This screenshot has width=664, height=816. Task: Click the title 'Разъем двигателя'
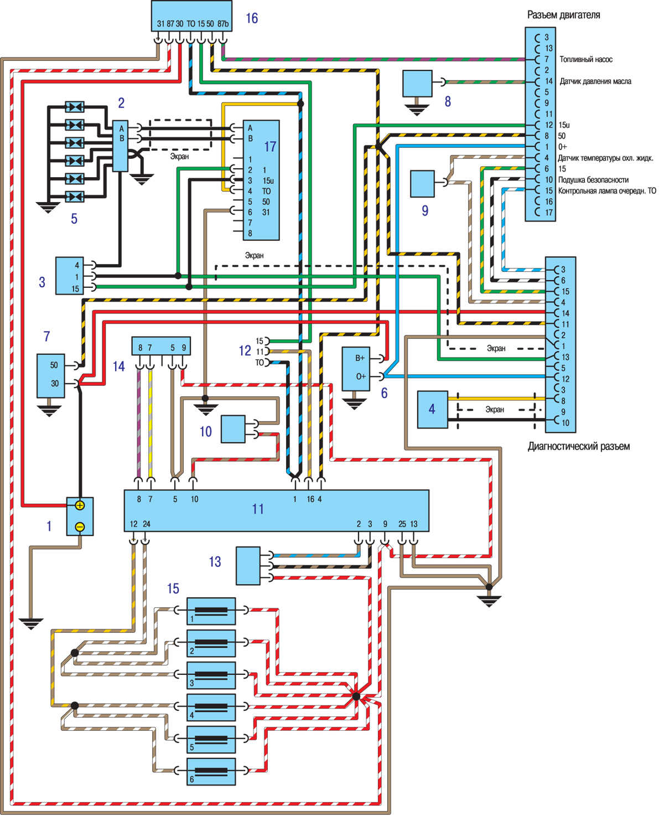tap(563, 16)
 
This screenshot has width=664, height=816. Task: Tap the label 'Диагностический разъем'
tap(579, 446)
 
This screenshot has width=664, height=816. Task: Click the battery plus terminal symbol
tap(80, 505)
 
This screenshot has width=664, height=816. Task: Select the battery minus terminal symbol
tap(80, 527)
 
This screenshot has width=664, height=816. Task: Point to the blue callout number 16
tap(252, 18)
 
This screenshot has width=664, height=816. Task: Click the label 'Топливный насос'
tap(586, 59)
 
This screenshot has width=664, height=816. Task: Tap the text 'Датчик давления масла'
tap(595, 81)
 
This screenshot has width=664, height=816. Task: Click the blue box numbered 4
tap(432, 409)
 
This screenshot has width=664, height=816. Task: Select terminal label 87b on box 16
tap(223, 24)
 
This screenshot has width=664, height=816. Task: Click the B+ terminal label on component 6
tap(360, 358)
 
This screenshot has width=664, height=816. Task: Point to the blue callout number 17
tap(270, 146)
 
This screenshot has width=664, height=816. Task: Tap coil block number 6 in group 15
tap(211, 772)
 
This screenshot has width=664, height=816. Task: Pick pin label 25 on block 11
tap(402, 524)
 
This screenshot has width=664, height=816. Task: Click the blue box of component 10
tap(233, 429)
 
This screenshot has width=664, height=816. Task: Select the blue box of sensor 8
tap(417, 84)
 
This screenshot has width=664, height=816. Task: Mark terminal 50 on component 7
tap(54, 365)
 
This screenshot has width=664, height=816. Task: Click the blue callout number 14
tap(119, 366)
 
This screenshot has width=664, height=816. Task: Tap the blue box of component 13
tap(248, 565)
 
